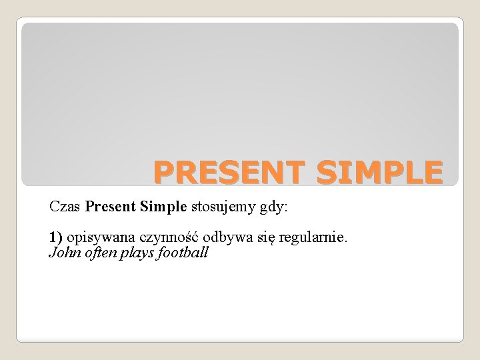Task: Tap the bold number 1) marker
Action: [55, 238]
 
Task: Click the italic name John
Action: [64, 253]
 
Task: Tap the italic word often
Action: [99, 253]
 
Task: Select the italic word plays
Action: [137, 253]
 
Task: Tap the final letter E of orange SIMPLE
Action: [431, 171]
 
